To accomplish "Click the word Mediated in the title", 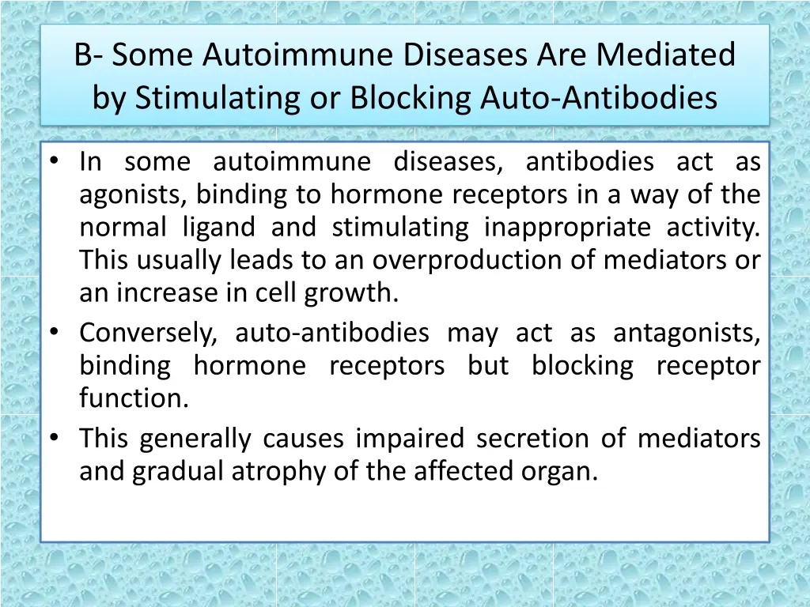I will (666, 55).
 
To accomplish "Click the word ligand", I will (219, 228).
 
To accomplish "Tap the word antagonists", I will (687, 334).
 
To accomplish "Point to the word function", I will (134, 398).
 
